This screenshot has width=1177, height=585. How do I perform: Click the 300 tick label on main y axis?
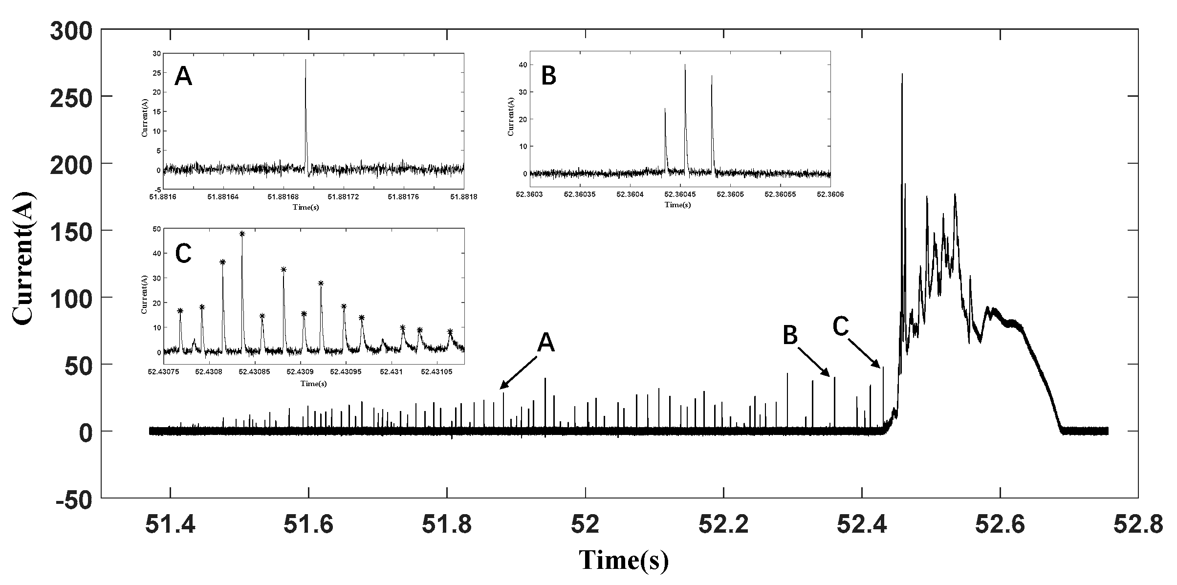[x=71, y=32]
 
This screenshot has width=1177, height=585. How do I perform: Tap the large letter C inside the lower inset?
[x=183, y=254]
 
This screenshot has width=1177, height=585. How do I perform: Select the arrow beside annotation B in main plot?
[x=813, y=362]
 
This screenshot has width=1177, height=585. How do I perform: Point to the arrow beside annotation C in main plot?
[x=864, y=353]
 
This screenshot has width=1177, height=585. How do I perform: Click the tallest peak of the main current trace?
[x=902, y=74]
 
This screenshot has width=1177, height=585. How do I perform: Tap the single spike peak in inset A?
[x=305, y=60]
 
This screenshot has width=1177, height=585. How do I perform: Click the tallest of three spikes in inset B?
[x=685, y=65]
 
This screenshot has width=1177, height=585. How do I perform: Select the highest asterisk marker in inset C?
[x=242, y=234]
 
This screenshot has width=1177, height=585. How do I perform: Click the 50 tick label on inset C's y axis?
[x=156, y=229]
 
